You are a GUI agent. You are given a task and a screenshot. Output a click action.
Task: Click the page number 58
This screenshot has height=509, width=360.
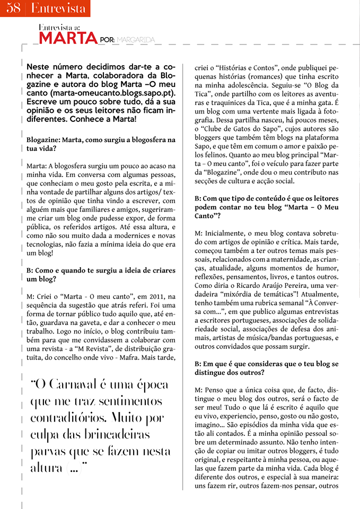(13, 8)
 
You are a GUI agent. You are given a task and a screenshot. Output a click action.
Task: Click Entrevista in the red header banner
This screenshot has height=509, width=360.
(58, 8)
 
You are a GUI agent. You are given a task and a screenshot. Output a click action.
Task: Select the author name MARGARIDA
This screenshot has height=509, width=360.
(136, 40)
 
